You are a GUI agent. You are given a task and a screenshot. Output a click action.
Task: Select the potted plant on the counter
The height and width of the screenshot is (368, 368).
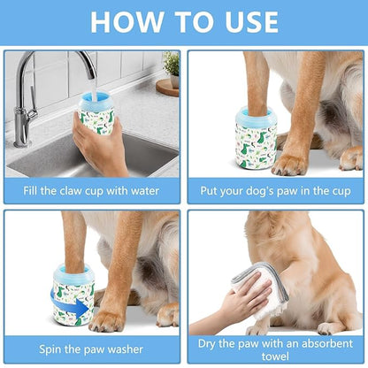click(171, 66)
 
